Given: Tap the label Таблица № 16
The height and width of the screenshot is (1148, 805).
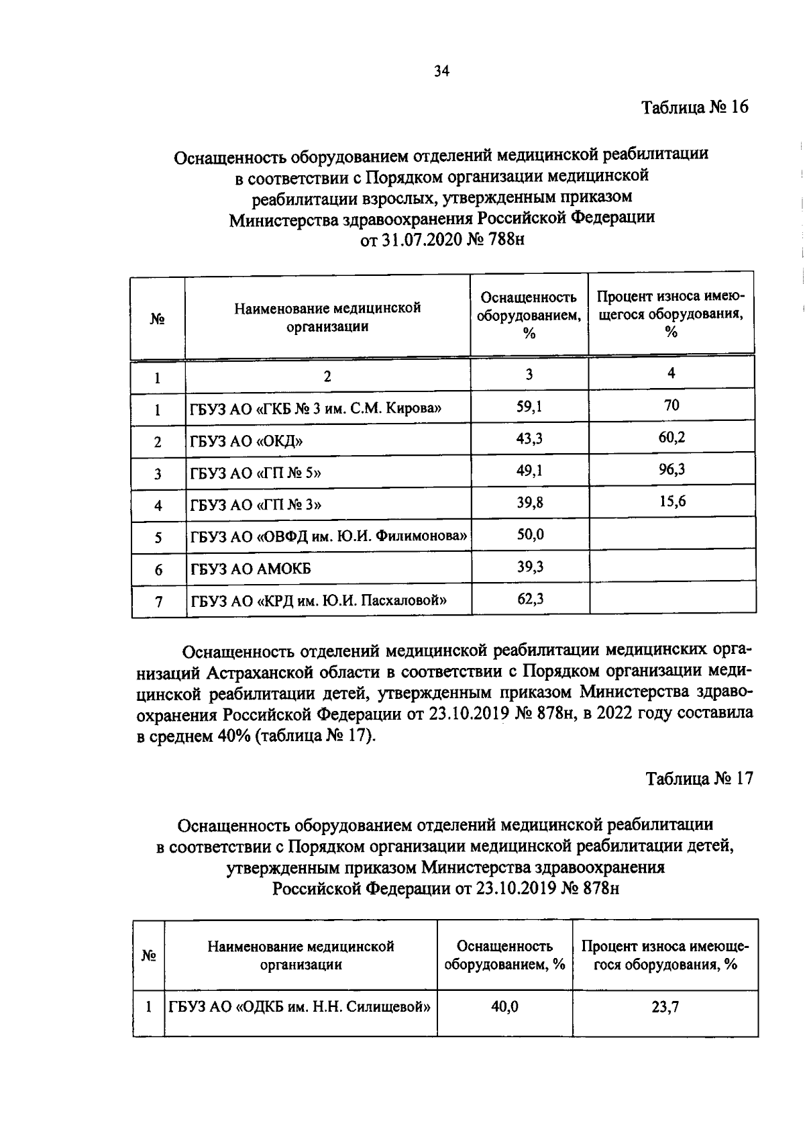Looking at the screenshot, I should (694, 107).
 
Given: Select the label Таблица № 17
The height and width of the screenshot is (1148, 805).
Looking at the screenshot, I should (699, 779).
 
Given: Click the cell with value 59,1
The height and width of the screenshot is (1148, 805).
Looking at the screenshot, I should (529, 406).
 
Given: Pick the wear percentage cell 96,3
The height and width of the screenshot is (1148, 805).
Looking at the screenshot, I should (672, 469).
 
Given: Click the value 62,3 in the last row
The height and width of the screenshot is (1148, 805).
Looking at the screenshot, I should (529, 598).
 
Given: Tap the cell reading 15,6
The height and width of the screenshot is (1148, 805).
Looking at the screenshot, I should (672, 501).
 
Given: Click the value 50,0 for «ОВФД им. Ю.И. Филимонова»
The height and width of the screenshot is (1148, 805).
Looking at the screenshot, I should (529, 534).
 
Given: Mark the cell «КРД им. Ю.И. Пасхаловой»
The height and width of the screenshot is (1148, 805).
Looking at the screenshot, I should (319, 600).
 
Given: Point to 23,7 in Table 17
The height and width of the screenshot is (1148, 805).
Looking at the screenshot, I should (665, 1007).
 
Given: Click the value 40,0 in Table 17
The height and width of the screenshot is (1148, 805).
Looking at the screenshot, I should (504, 1007).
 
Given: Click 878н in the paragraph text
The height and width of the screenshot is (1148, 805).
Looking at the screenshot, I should (553, 714).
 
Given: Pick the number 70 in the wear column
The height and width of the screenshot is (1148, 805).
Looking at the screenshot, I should (672, 405).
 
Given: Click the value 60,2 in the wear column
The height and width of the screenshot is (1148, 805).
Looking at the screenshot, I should (672, 437).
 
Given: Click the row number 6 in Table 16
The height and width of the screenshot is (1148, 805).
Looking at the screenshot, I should (158, 570).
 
